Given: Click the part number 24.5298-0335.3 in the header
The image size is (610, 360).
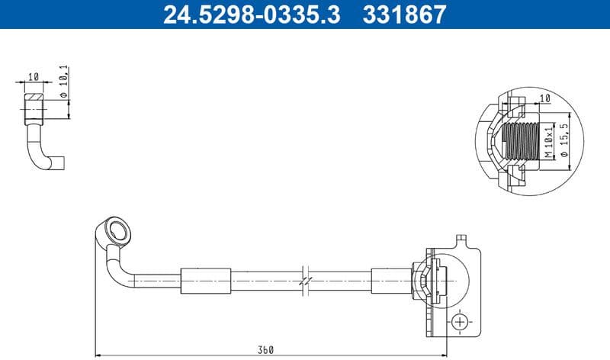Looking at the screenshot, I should (x=252, y=14).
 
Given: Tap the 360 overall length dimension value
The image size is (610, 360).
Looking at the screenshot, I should (x=265, y=349).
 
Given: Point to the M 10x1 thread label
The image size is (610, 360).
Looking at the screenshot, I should (x=547, y=143).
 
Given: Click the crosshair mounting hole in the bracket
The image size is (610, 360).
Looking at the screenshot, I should (x=460, y=322).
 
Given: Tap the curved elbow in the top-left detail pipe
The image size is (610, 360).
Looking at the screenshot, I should (x=40, y=156).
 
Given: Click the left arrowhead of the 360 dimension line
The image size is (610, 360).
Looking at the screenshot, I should (x=99, y=355).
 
